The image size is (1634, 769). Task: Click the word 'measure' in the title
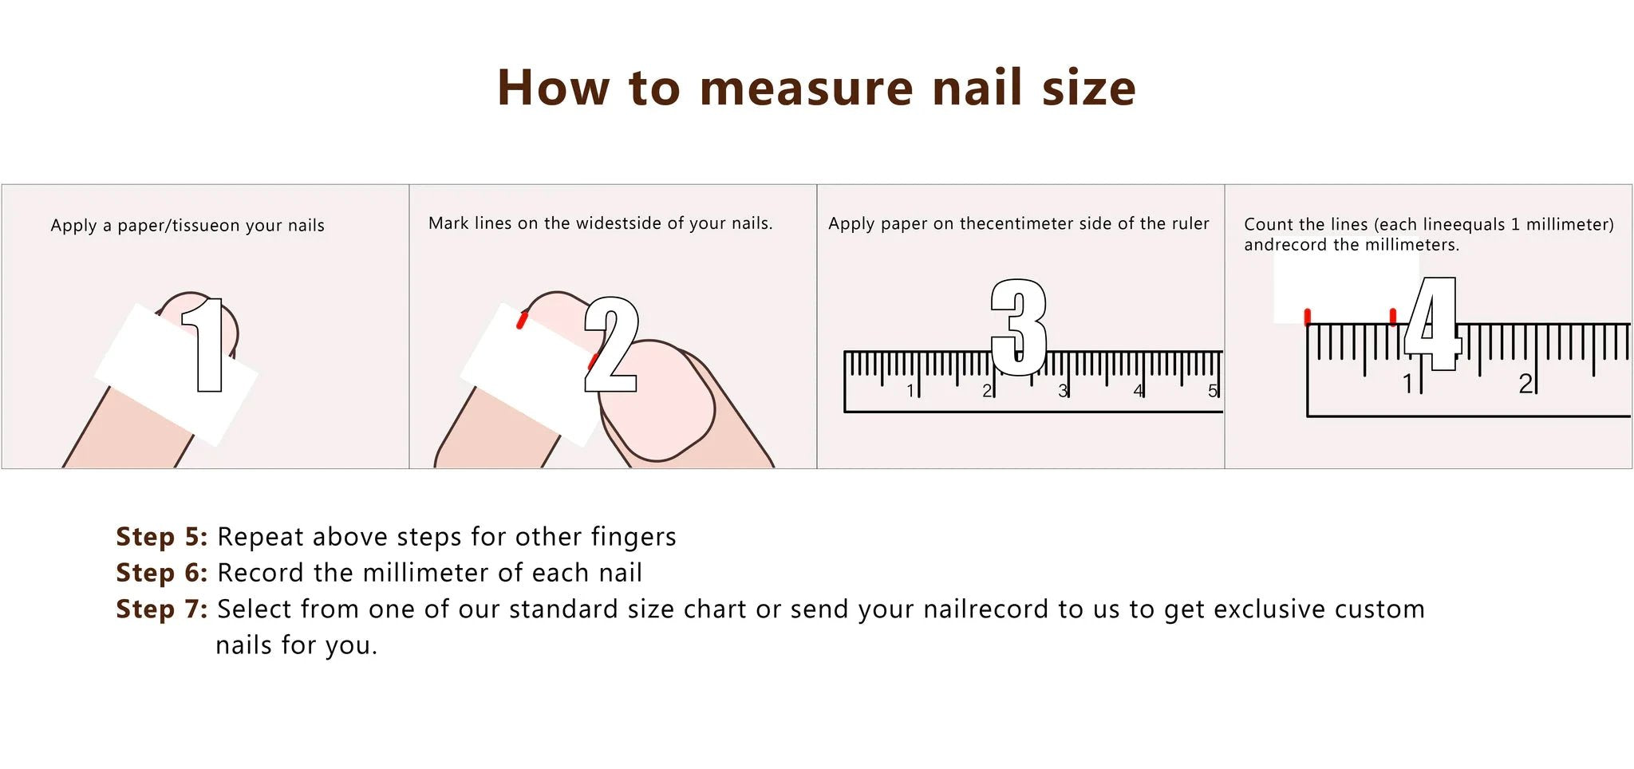tap(806, 88)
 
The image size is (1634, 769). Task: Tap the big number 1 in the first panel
tap(205, 345)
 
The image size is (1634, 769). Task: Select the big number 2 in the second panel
tap(611, 345)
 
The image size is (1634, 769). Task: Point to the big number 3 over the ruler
tap(1018, 327)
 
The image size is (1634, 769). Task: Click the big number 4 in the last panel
tap(1432, 324)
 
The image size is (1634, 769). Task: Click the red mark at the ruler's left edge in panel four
tap(1307, 317)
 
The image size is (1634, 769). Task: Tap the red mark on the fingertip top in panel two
tap(522, 320)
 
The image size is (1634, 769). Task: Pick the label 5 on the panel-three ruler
tap(1212, 391)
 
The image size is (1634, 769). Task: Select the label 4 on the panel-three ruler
tap(1138, 391)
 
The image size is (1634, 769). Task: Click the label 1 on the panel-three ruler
tap(910, 391)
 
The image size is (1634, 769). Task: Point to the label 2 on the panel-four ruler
tap(1525, 384)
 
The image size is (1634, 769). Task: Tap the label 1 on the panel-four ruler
tap(1408, 384)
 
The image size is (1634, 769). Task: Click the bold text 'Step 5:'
tap(161, 537)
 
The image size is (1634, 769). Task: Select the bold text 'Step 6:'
tap(161, 573)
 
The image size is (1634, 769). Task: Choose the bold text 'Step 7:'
tap(161, 609)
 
